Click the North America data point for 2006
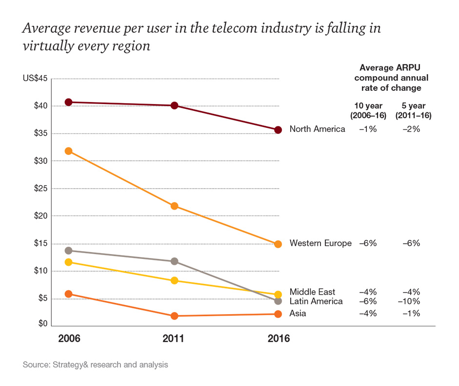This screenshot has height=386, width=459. (x=69, y=102)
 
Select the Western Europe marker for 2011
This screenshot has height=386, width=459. (x=174, y=206)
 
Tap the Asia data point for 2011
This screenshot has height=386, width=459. (x=174, y=316)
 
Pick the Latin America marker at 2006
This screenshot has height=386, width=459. (x=69, y=251)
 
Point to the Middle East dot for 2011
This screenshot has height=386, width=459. (x=174, y=280)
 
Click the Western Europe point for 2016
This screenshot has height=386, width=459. (x=278, y=244)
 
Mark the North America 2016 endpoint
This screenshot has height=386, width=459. (x=278, y=130)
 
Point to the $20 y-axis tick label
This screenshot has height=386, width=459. (x=39, y=216)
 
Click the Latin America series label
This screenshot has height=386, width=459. (x=316, y=301)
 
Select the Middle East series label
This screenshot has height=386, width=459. (x=312, y=292)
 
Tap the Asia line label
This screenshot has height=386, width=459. (x=298, y=313)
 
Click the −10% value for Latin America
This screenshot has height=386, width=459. (x=409, y=301)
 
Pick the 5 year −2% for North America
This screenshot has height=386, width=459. (x=409, y=129)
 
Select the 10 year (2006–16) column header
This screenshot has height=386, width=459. (x=369, y=111)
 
